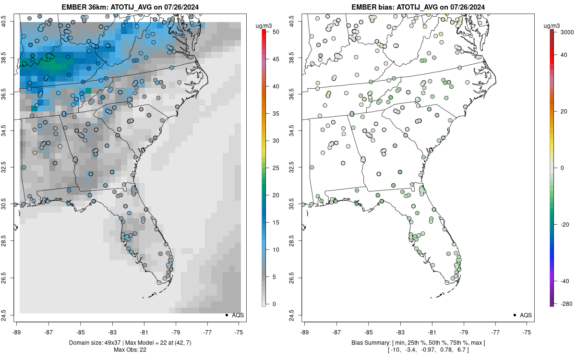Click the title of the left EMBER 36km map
pyautogui.click(x=130, y=7)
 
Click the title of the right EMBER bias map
pyautogui.click(x=418, y=7)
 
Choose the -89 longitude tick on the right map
pyautogui.click(x=304, y=332)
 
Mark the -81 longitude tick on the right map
pyautogui.click(x=432, y=332)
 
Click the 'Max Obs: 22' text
pyautogui.click(x=130, y=350)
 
